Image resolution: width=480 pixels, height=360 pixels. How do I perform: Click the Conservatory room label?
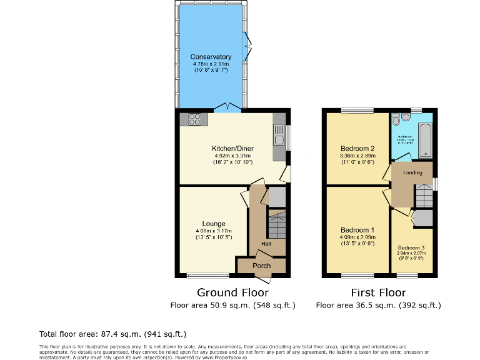click(211, 57)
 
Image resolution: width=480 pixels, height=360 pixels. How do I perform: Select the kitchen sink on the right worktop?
click(279, 133)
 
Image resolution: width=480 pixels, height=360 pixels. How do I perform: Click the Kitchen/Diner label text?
click(232, 148)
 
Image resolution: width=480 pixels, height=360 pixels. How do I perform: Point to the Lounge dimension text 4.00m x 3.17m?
click(213, 231)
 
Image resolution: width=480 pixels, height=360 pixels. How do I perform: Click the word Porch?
click(261, 266)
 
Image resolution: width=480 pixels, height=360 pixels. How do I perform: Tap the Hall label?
click(266, 244)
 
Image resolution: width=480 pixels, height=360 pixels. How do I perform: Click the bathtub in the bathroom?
click(424, 140)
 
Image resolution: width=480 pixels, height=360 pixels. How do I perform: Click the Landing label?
click(412, 172)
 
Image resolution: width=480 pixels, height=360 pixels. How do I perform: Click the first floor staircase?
click(424, 196)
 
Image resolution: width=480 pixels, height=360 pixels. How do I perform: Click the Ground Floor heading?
click(232, 292)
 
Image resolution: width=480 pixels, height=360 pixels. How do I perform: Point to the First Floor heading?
click(378, 292)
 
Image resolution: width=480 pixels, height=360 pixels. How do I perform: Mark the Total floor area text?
click(112, 334)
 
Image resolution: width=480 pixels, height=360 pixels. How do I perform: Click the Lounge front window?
click(208, 276)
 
